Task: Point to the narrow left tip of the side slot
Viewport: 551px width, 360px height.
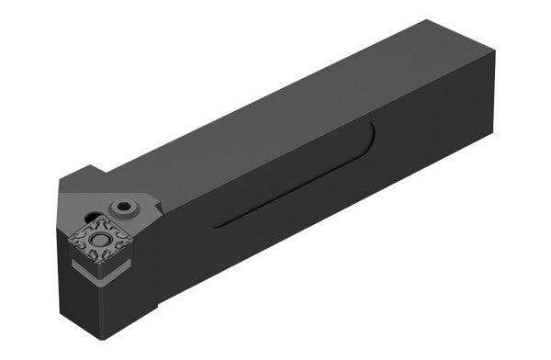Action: pos(217,224)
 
